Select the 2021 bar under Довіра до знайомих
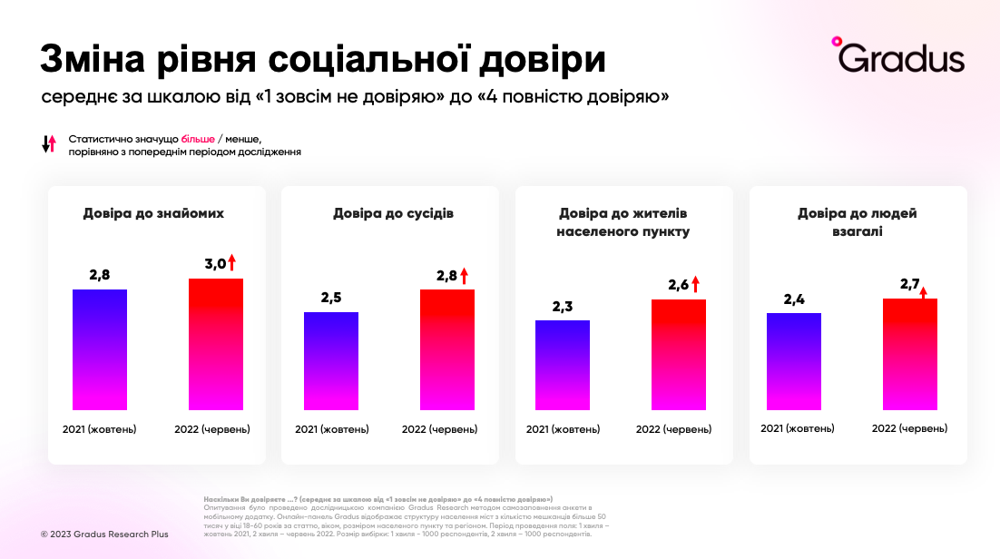[x=100, y=349]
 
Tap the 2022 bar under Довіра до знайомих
[x=216, y=344]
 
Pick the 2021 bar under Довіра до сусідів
[x=331, y=360]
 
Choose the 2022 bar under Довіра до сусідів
[x=447, y=349]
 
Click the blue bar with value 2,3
[x=563, y=365]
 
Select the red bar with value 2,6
[x=679, y=354]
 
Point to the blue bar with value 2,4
[x=794, y=361]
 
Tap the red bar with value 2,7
[x=910, y=354]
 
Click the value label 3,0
[x=214, y=264]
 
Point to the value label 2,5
[x=331, y=297]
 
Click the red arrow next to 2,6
[x=696, y=284]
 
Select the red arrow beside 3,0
[x=231, y=263]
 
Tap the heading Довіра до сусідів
[x=393, y=213]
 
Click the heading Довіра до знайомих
[x=153, y=213]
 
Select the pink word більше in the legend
[x=198, y=139]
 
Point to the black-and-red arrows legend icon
[x=49, y=143]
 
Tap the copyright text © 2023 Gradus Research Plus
[x=104, y=534]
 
